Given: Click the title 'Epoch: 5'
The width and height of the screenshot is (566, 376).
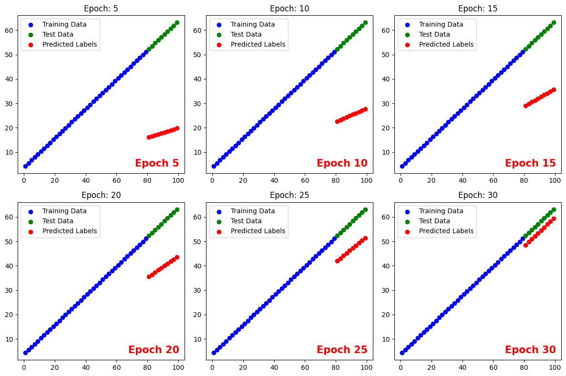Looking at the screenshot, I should tap(101, 8).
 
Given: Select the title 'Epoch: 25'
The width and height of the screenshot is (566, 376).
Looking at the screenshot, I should tap(289, 195).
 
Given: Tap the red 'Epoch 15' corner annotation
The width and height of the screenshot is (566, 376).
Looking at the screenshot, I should tap(530, 163).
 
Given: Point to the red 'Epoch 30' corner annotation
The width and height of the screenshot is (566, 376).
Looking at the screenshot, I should tap(530, 350).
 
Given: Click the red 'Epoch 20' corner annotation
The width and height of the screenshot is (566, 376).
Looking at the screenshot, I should tap(154, 350).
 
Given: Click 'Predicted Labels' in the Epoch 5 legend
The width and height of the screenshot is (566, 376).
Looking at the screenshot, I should tap(69, 44).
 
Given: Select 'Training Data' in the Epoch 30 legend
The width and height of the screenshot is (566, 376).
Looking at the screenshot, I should tap(441, 211).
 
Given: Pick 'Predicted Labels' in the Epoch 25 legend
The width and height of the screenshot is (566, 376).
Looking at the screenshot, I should tap(258, 231).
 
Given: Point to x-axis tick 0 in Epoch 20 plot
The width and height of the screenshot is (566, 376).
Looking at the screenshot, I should tap(24, 367).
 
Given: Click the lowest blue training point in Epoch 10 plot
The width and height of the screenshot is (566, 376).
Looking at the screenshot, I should tap(214, 166).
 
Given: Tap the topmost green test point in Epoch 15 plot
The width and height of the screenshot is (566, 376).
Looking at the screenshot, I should tap(554, 22).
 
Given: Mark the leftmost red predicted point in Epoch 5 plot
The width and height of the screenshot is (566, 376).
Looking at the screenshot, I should tap(149, 137).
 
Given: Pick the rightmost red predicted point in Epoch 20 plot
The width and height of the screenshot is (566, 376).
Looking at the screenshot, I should tap(177, 257).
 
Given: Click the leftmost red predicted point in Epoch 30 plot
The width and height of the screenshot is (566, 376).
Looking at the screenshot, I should tap(525, 245).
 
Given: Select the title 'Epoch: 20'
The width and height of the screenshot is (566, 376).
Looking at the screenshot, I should tap(101, 195).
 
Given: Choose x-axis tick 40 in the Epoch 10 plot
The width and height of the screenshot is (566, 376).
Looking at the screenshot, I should tap(274, 181).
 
